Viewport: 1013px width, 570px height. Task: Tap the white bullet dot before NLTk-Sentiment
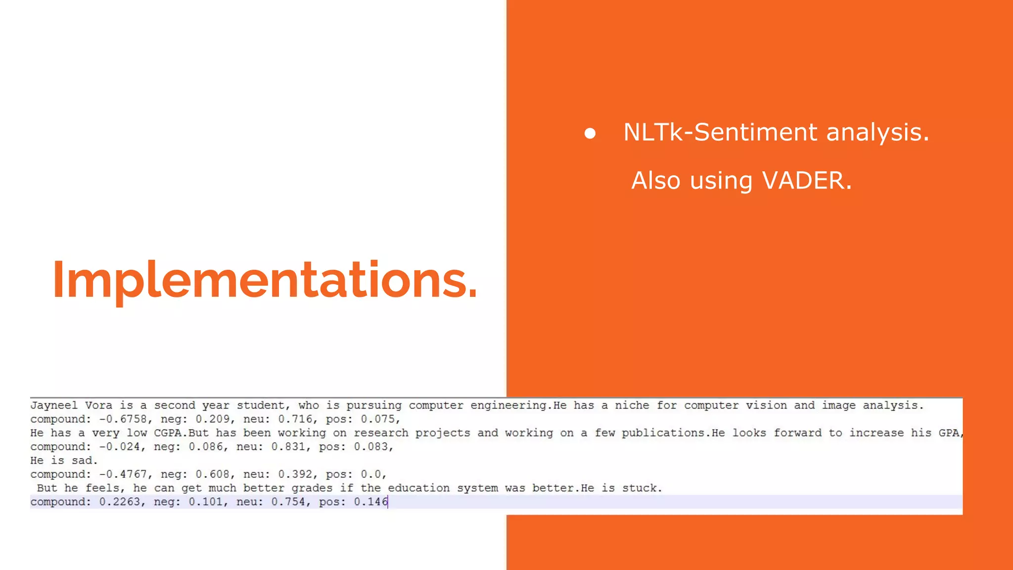click(x=590, y=133)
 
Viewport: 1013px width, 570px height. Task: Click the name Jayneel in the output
click(x=54, y=406)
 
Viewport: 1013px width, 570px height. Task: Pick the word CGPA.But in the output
click(x=181, y=433)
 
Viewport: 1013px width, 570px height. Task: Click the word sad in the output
click(x=84, y=461)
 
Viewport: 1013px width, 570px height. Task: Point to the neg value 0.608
click(x=212, y=475)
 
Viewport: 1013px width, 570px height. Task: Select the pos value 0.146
click(x=370, y=502)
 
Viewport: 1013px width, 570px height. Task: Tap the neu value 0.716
click(x=295, y=419)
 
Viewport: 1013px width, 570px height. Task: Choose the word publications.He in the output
click(x=673, y=433)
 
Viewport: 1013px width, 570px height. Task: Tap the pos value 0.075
click(x=377, y=419)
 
